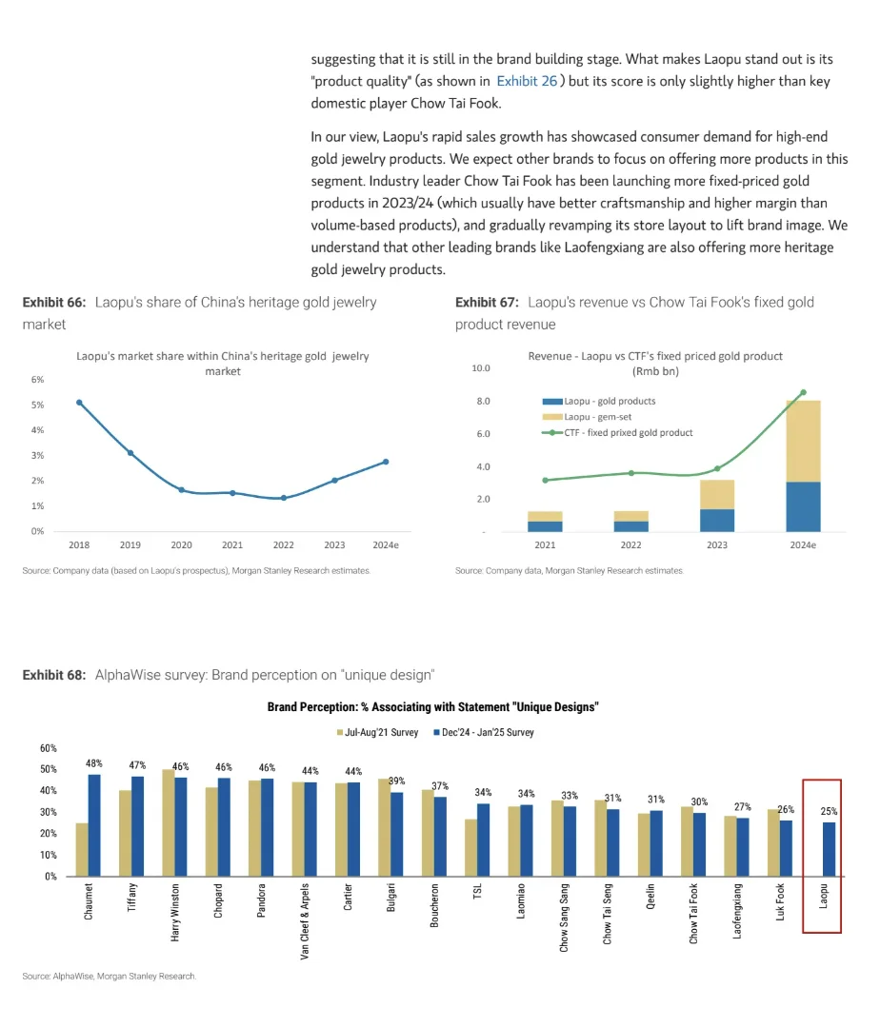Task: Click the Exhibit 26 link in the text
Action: pyautogui.click(x=527, y=81)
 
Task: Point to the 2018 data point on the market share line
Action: pyautogui.click(x=79, y=403)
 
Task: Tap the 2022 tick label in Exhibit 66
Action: pyautogui.click(x=284, y=545)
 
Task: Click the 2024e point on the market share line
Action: pyautogui.click(x=385, y=462)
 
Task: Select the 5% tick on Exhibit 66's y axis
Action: pyautogui.click(x=38, y=405)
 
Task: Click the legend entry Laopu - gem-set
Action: pyautogui.click(x=597, y=417)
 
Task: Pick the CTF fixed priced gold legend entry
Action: pyautogui.click(x=628, y=433)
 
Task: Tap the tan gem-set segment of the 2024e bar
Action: pyautogui.click(x=803, y=441)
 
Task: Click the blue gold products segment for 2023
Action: pyautogui.click(x=717, y=520)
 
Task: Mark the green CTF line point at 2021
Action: pyautogui.click(x=545, y=481)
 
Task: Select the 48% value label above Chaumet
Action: pyautogui.click(x=94, y=763)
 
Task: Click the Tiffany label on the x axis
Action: pyautogui.click(x=132, y=899)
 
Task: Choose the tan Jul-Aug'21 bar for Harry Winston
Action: pyautogui.click(x=169, y=822)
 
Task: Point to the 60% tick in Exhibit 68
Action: pyautogui.click(x=48, y=748)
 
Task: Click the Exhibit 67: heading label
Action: pyautogui.click(x=487, y=303)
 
